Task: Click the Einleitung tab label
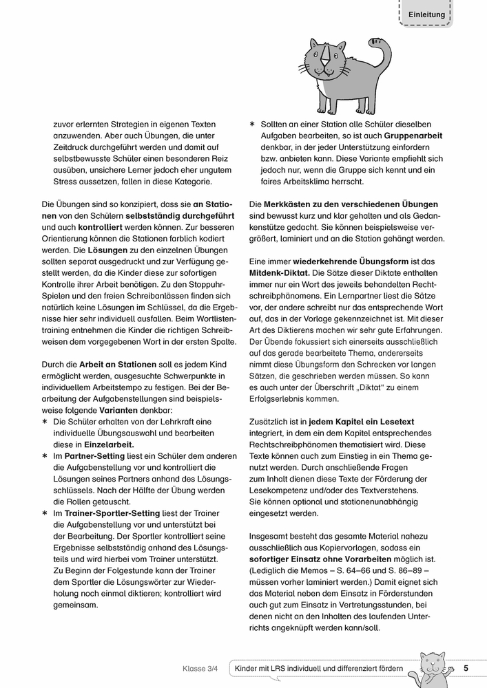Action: (426, 14)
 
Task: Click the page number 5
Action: (466, 668)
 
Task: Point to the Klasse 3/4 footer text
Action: (200, 669)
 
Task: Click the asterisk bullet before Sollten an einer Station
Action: (252, 124)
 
